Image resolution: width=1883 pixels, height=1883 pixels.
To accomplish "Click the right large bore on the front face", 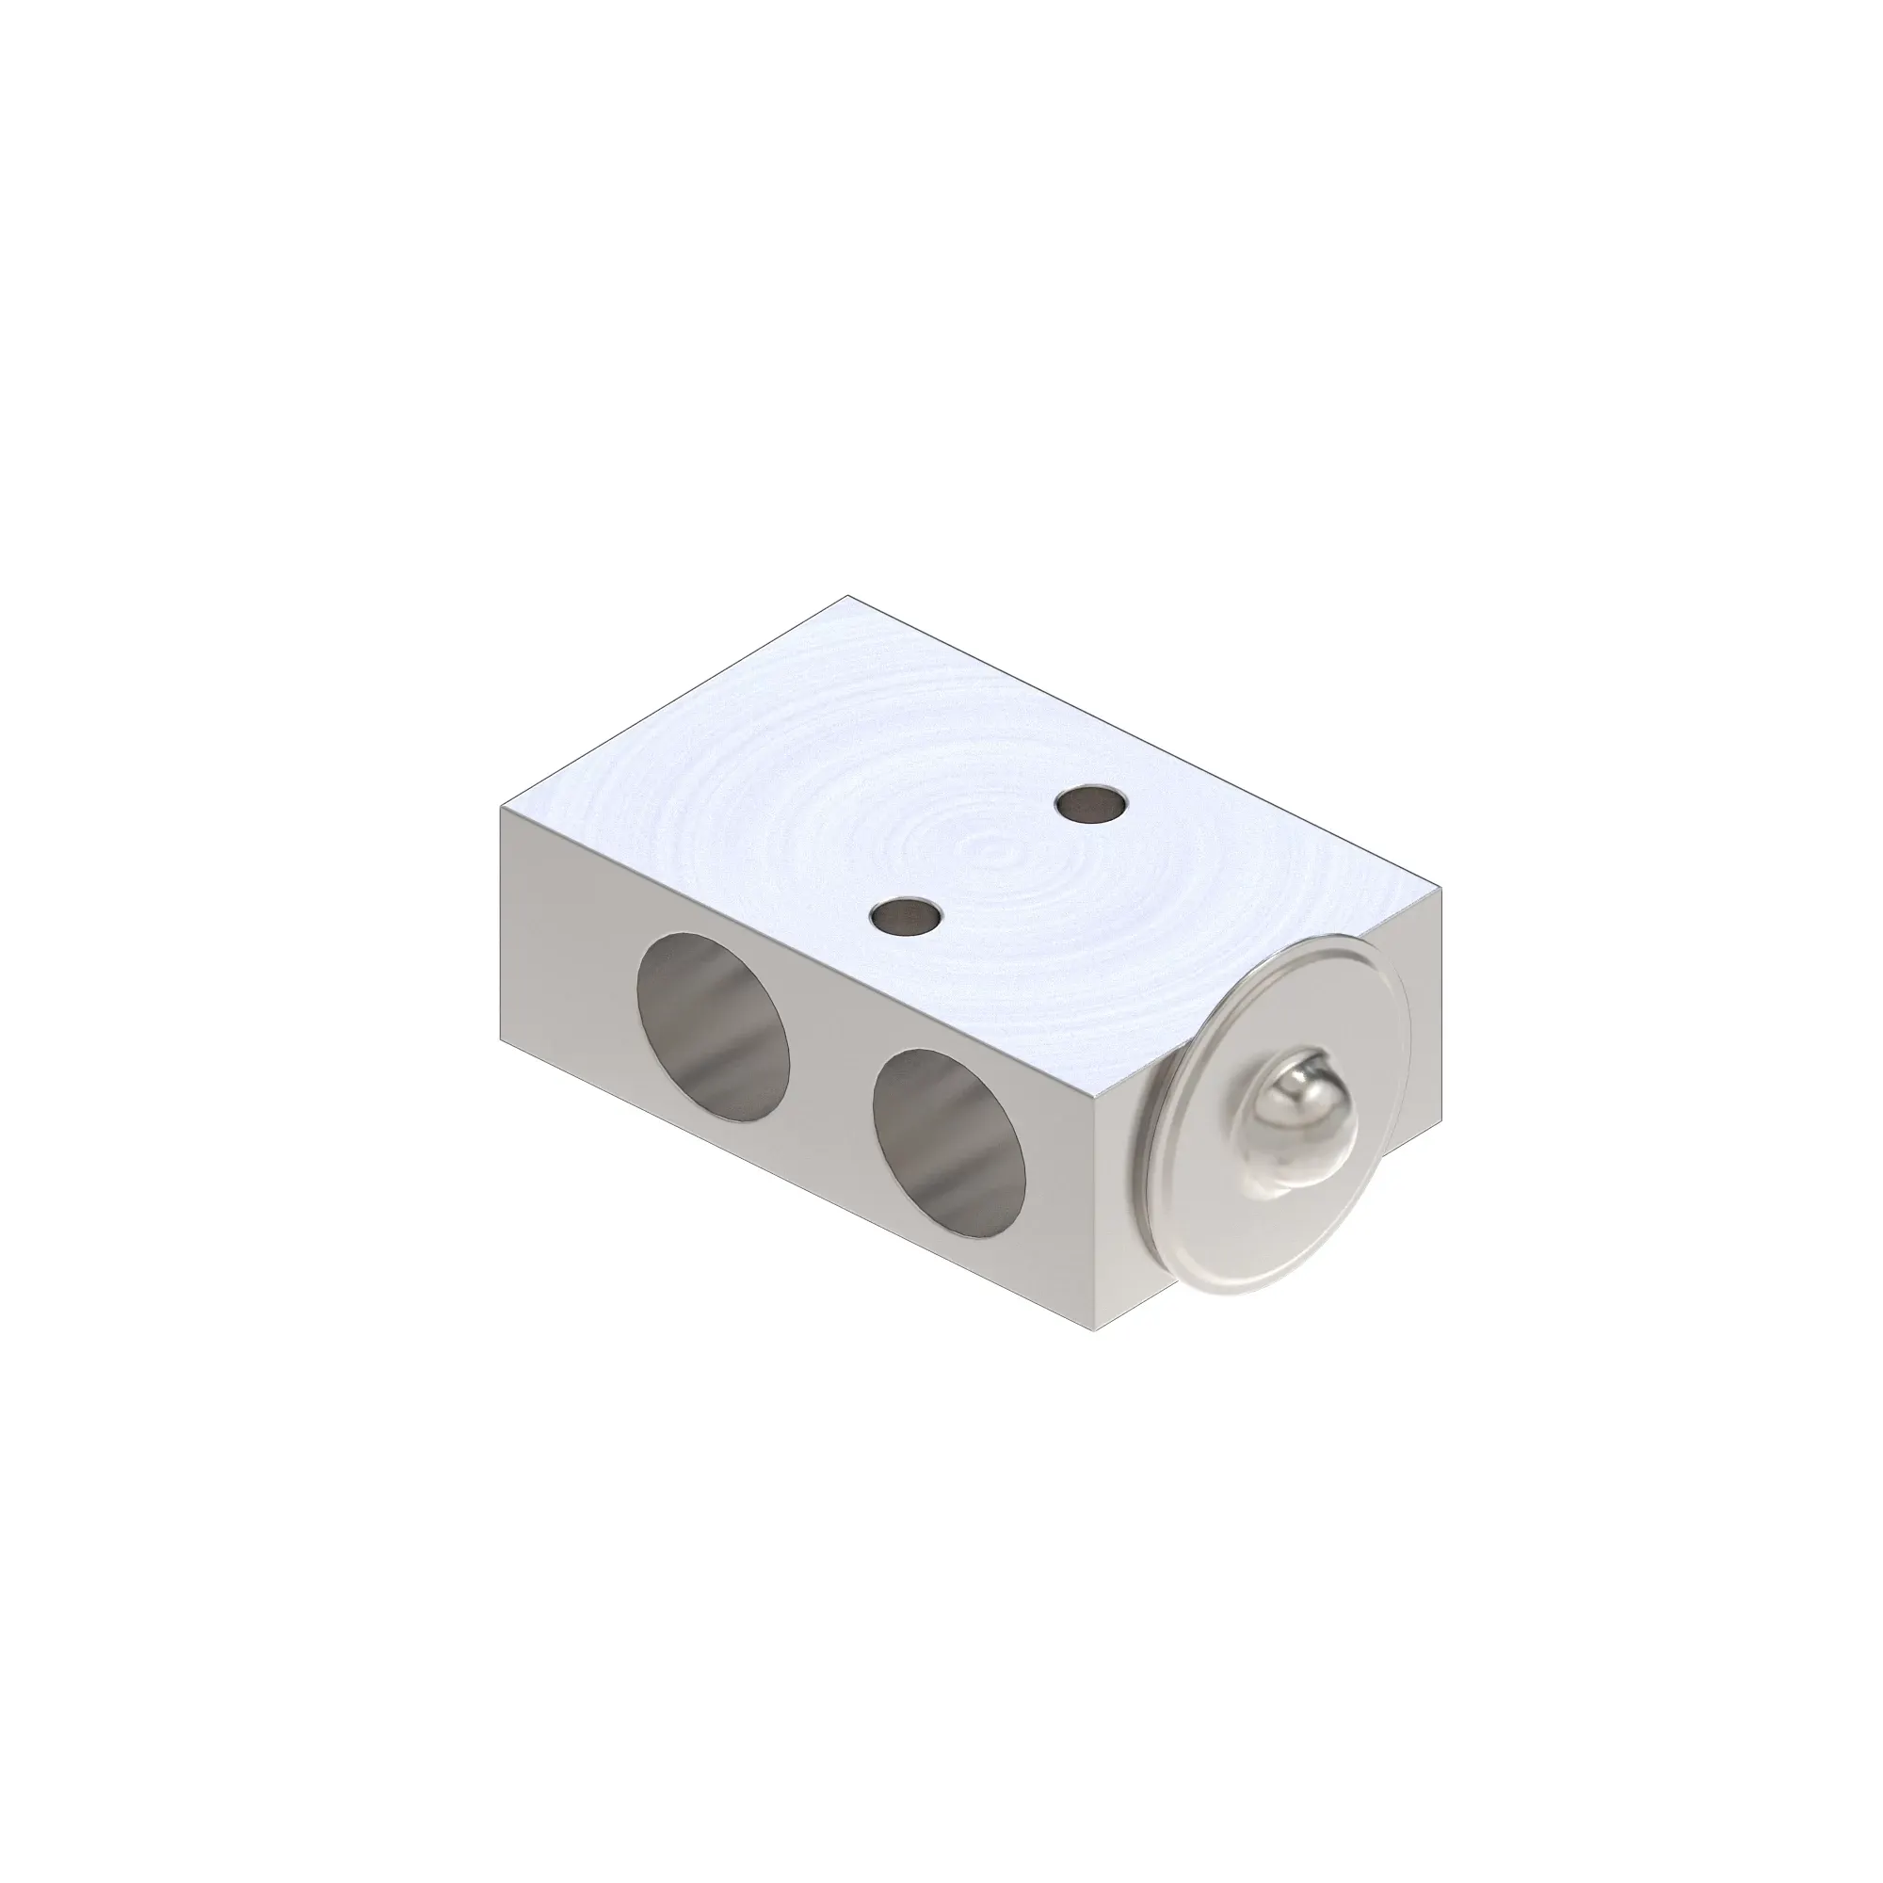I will [x=949, y=1143].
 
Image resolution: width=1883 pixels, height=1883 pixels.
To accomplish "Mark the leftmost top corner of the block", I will [x=501, y=806].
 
